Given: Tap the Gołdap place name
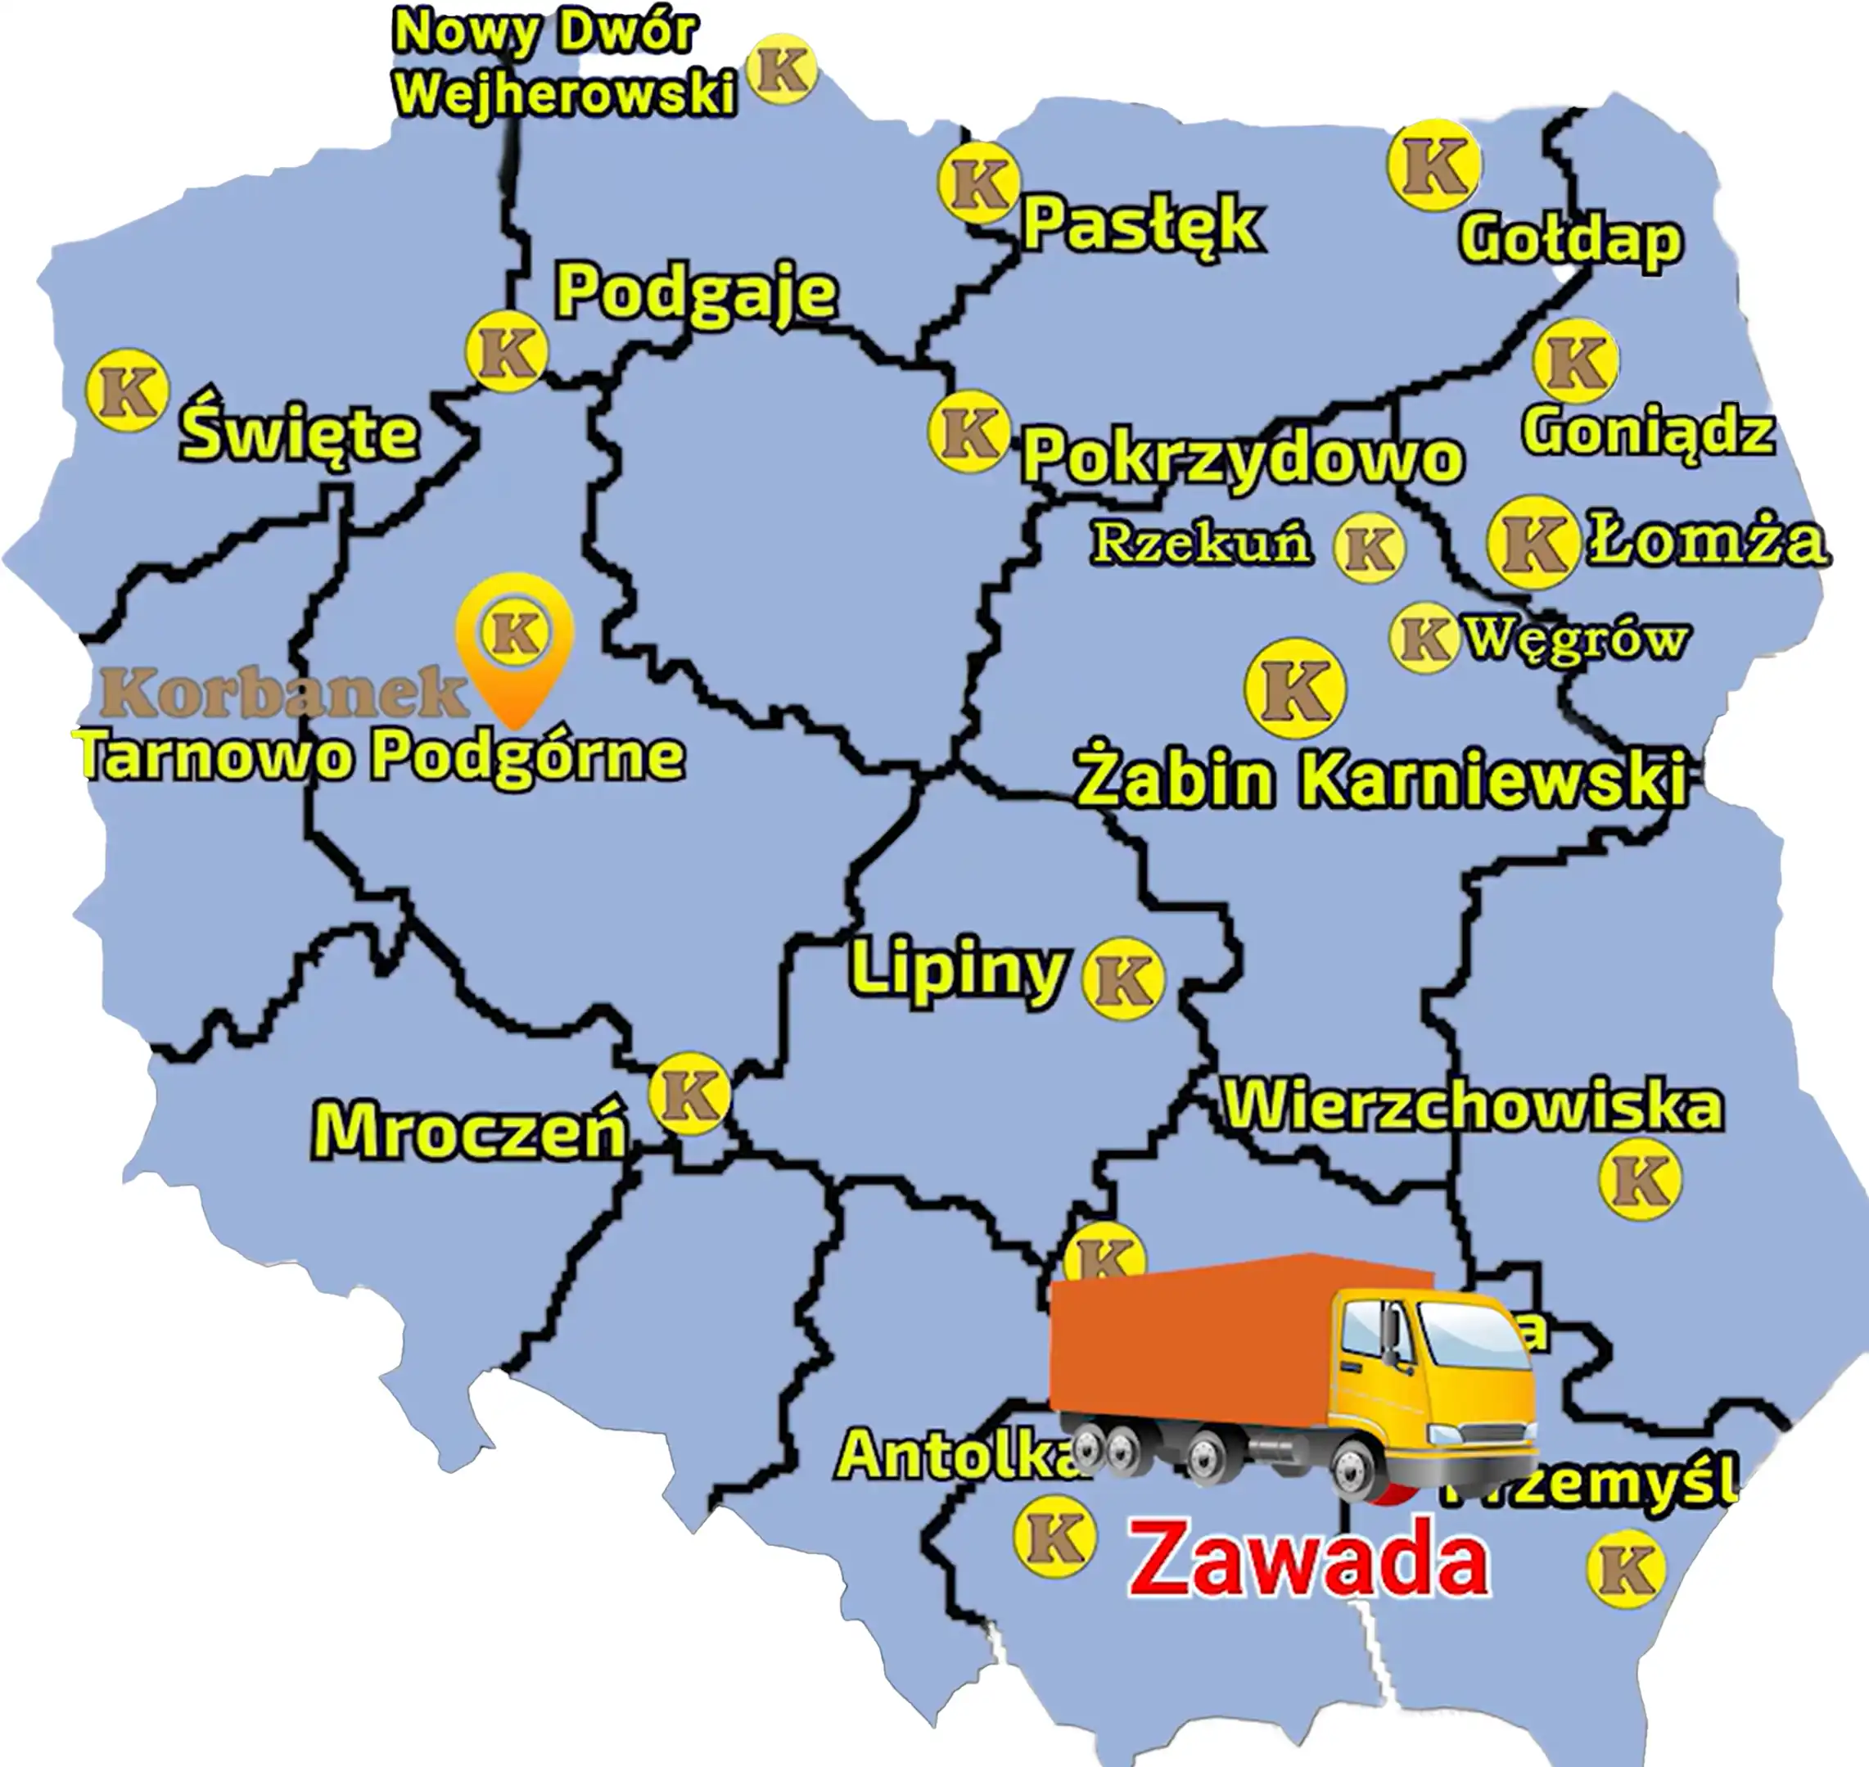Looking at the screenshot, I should [x=1569, y=240].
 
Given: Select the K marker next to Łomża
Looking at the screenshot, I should [x=1532, y=543].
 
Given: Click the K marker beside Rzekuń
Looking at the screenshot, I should [x=1369, y=547].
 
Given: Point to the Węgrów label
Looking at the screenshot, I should [x=1576, y=639].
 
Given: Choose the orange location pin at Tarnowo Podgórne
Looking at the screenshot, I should [x=515, y=645].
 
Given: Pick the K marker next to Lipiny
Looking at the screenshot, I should [x=1122, y=978].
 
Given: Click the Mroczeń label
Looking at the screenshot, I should [x=469, y=1132].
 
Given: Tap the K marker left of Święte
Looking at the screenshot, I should [x=127, y=390].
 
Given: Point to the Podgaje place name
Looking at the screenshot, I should [x=696, y=292].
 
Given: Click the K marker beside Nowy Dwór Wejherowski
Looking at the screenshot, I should [x=782, y=69].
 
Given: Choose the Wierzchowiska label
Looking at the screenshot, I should [x=1473, y=1105].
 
